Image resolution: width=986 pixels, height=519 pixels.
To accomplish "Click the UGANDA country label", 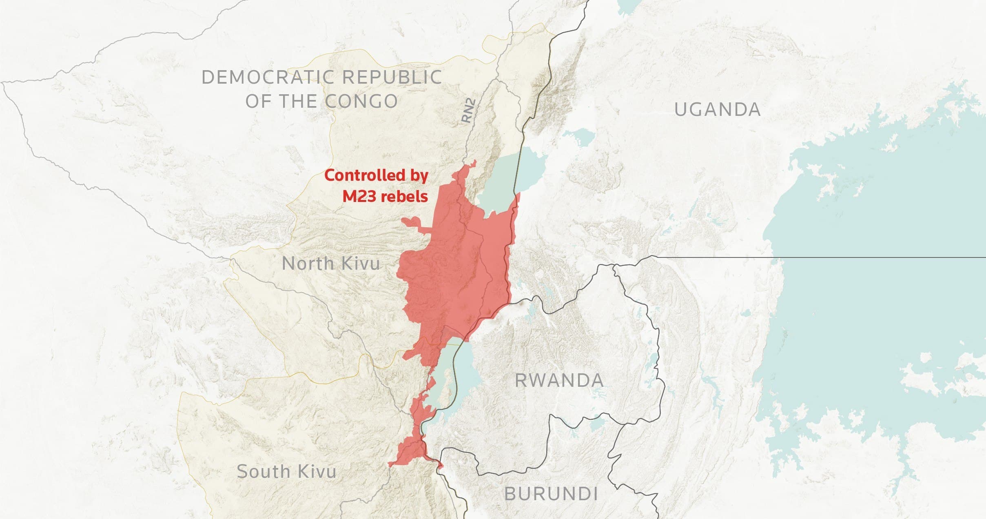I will click(x=717, y=110).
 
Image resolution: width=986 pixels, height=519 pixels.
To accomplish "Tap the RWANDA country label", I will click(x=559, y=381).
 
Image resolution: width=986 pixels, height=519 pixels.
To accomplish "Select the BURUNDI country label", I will click(x=551, y=494).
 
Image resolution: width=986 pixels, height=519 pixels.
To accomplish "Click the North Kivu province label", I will click(x=331, y=264).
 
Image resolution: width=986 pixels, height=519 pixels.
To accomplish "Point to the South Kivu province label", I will click(x=286, y=472).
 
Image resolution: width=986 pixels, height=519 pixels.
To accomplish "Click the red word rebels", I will click(x=404, y=197).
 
